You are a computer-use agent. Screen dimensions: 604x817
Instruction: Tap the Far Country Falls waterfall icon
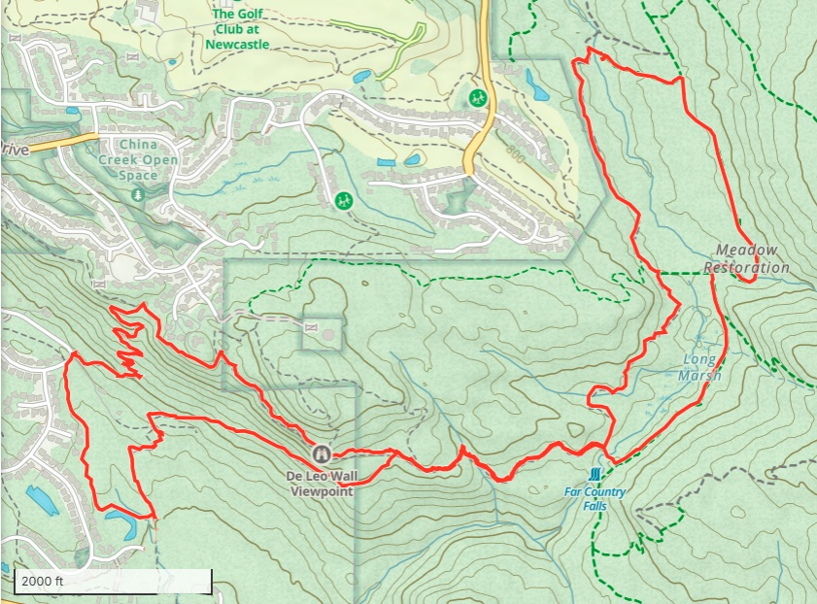coord(595,474)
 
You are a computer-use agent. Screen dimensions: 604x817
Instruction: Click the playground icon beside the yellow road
coord(477,98)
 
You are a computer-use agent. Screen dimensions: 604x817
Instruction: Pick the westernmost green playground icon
coord(342,200)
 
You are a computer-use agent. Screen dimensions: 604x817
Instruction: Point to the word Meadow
coord(746,250)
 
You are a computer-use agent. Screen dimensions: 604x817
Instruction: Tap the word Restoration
coord(746,267)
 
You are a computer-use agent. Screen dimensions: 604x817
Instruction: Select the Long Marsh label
coord(701,367)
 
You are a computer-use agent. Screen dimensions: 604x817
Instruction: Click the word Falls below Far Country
coord(595,504)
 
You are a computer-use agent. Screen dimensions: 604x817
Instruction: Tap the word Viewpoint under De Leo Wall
coord(322,490)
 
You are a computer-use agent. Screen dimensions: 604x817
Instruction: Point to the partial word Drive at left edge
coord(15,150)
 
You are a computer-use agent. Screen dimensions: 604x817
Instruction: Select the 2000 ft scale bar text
coord(43,581)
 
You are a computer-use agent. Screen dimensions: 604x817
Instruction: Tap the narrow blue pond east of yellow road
coord(535,84)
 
